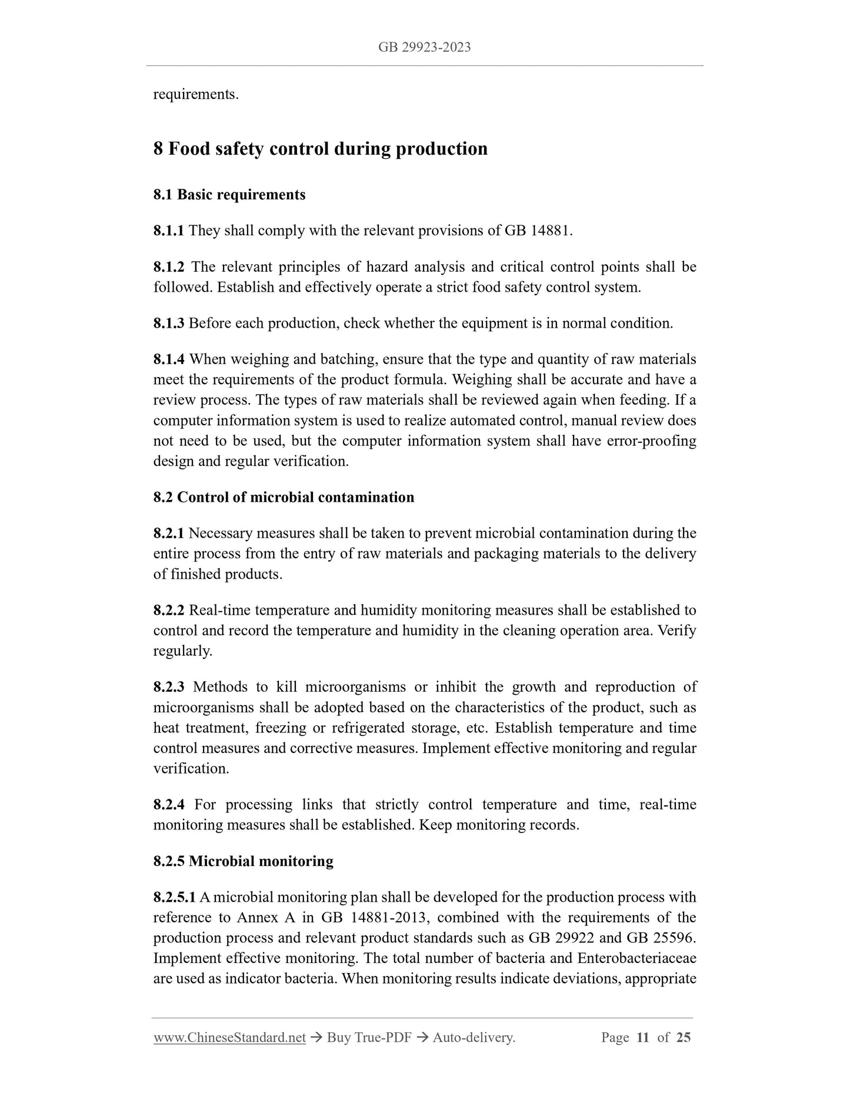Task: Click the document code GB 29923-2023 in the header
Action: click(424, 48)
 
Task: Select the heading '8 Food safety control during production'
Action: click(320, 149)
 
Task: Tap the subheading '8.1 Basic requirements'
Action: click(229, 195)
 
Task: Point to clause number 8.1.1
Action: click(168, 231)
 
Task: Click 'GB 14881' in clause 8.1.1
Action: click(536, 231)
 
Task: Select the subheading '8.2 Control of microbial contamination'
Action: click(284, 498)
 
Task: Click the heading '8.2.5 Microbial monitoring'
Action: click(243, 862)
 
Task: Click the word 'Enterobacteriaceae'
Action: click(637, 959)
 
